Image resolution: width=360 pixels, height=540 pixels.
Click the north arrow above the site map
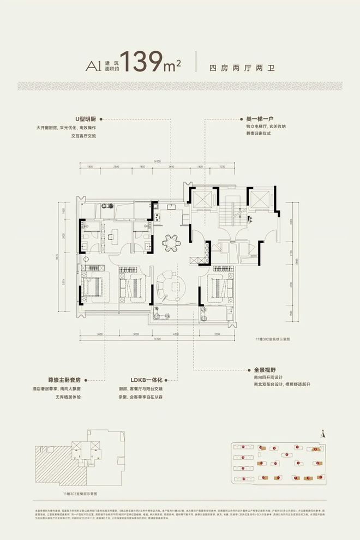click(323, 434)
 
